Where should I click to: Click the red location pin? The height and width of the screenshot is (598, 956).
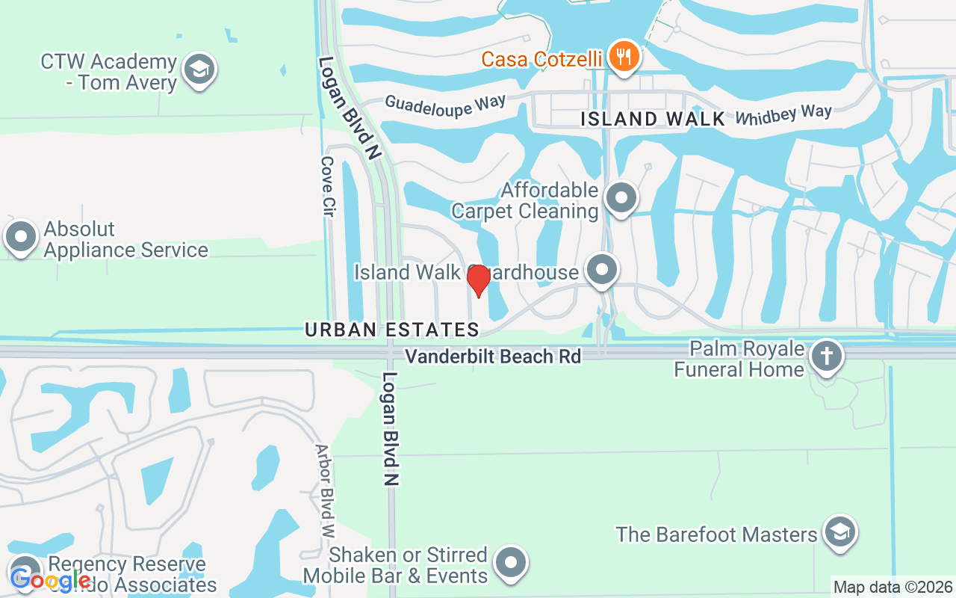pos(478,280)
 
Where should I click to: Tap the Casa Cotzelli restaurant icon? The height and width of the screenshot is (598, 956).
pos(622,57)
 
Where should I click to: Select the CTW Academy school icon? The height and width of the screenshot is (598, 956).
pos(199,70)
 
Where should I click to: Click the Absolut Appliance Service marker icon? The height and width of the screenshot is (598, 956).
pos(21,238)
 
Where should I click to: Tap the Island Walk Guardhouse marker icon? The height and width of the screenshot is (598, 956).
pos(602,270)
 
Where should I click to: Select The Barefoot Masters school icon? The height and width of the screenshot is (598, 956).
pos(840,533)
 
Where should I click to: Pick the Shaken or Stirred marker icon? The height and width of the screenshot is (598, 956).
pos(511,564)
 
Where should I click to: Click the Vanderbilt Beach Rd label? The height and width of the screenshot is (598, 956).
pos(493,357)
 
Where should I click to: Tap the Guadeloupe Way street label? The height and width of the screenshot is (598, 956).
pos(445,104)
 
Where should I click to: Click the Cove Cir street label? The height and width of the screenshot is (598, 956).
pos(327,186)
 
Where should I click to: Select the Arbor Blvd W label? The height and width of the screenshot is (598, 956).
pos(325,491)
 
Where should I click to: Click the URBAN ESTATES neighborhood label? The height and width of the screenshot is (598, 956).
pos(392,330)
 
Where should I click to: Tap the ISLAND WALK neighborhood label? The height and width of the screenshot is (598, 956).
pos(653,119)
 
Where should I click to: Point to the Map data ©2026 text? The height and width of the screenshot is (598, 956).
pos(893,587)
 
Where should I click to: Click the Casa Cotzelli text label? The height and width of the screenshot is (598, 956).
pos(541,59)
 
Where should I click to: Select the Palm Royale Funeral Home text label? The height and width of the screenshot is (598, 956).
pos(739,359)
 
